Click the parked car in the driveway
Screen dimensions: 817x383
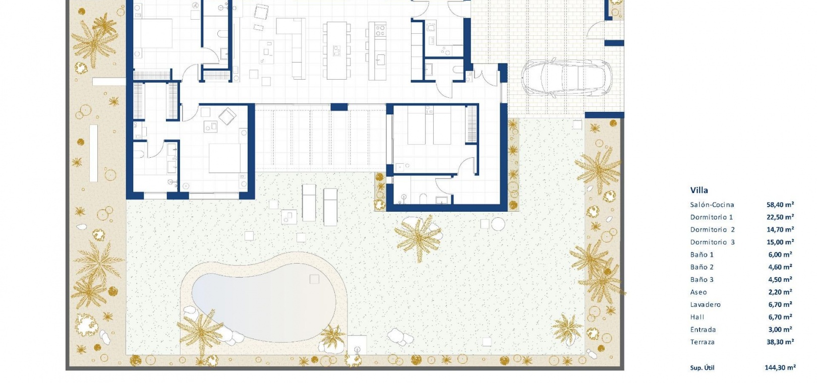(x=566, y=78)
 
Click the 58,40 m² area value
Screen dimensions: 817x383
(x=780, y=205)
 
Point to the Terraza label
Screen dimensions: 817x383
(x=702, y=342)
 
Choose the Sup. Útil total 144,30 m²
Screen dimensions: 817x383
(x=780, y=368)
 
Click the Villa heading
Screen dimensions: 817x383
(x=699, y=190)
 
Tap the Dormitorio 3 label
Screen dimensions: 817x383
(x=712, y=242)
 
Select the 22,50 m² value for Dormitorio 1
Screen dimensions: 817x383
(x=780, y=217)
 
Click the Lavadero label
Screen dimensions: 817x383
(x=706, y=305)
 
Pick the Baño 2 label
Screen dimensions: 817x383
(x=702, y=267)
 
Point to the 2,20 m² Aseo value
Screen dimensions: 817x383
(x=780, y=292)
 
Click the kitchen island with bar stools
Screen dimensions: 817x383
(x=336, y=50)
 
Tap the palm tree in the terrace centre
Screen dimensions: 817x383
(x=419, y=237)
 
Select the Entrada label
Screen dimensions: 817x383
(x=703, y=330)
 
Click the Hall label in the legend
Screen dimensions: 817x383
(x=697, y=317)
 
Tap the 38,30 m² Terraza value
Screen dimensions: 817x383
(x=780, y=342)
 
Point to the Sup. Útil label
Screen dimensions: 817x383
(x=702, y=368)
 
